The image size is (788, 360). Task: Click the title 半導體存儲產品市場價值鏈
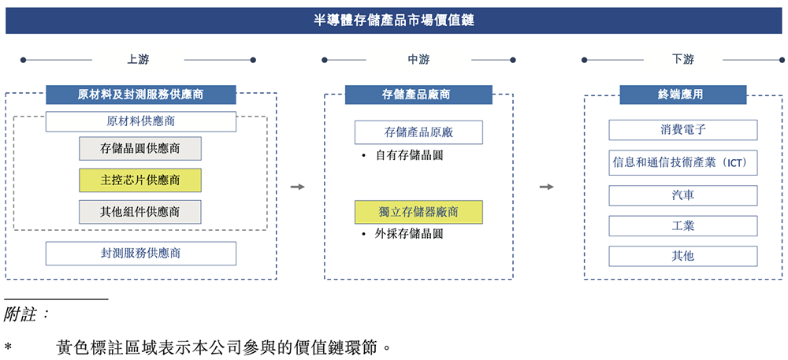pos(393,20)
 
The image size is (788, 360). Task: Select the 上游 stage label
pos(138,60)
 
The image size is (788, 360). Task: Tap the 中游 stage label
pos(418,60)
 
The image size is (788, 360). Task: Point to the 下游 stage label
pos(682,60)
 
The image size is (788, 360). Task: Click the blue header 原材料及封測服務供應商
pos(140,95)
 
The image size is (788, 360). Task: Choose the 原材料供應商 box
pos(140,121)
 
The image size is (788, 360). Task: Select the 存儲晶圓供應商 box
pos(140,148)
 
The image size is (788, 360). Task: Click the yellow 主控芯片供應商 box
pos(140,180)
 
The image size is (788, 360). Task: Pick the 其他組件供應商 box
pos(140,211)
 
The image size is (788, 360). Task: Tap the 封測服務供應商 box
pos(140,253)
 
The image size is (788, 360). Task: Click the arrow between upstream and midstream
pos(297,187)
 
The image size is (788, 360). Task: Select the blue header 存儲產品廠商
pos(417,95)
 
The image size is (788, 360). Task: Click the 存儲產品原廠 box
pos(417,132)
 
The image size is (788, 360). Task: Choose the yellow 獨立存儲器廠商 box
pos(418,212)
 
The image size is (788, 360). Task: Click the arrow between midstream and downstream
pos(546,187)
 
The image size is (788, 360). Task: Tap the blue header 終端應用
pos(682,95)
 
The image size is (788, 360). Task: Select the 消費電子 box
pos(682,130)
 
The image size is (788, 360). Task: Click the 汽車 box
pos(682,195)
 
